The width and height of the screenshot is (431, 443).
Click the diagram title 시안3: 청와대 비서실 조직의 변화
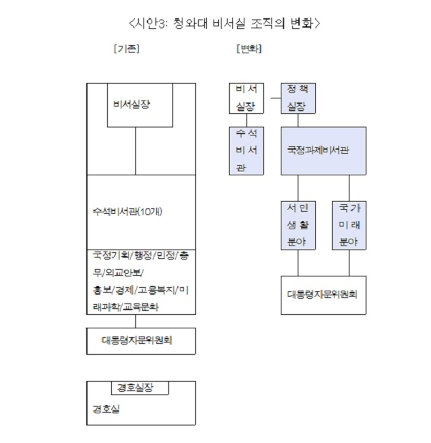[224, 24]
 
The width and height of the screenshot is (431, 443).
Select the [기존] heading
[127, 49]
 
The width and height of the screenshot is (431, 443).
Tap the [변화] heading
[249, 49]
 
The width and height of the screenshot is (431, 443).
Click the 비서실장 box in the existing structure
[140, 105]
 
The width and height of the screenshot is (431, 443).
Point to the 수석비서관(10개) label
[127, 212]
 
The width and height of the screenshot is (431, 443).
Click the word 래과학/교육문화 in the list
[126, 307]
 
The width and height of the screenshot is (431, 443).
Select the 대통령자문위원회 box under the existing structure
[141, 341]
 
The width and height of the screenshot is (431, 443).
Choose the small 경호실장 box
[140, 388]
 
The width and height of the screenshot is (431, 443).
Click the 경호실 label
[106, 409]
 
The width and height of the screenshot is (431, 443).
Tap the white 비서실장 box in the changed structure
[246, 98]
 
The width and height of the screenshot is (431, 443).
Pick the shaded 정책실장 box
[298, 98]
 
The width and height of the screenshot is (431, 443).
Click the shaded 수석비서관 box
[246, 151]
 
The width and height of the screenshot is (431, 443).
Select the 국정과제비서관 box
[323, 151]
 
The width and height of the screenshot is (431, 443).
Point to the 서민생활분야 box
[298, 225]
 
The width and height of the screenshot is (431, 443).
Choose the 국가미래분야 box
[349, 225]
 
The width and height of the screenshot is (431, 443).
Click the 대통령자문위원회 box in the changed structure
[323, 295]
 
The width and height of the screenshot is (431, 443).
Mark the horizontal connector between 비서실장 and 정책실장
[275, 98]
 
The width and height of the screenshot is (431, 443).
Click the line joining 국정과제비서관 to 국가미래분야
[349, 188]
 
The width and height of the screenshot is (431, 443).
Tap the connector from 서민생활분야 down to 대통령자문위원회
[298, 263]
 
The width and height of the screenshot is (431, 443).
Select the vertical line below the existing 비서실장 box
[136, 151]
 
